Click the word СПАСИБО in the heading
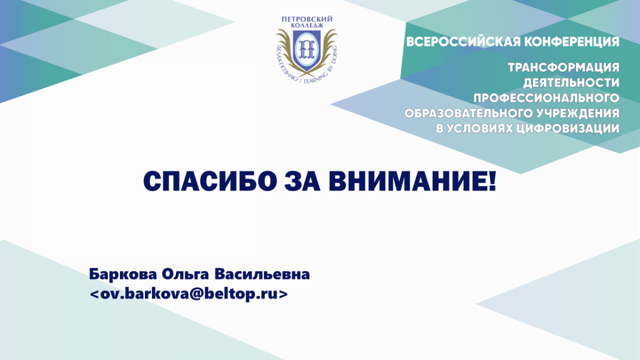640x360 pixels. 210,182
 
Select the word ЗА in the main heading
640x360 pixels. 302,182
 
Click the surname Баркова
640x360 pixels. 123,274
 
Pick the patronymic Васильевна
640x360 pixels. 262,274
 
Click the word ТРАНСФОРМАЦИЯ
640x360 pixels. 564,68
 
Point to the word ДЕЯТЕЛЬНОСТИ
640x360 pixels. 571,83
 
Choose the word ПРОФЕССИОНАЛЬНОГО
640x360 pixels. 546,98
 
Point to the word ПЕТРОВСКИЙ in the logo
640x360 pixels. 307,19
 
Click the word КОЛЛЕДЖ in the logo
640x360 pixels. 307,26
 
